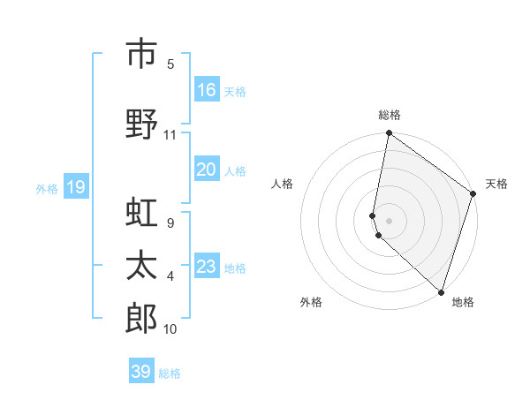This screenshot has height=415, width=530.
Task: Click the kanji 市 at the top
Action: (141, 54)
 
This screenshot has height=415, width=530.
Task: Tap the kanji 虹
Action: (141, 215)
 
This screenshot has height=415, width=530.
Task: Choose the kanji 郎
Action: (141, 316)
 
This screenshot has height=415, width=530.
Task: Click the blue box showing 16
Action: (207, 90)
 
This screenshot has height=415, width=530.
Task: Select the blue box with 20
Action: (207, 170)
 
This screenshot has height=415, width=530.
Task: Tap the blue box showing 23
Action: (207, 267)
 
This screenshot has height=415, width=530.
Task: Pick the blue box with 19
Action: (75, 187)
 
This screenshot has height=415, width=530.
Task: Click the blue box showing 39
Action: (141, 372)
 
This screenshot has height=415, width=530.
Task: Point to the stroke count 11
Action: (170, 136)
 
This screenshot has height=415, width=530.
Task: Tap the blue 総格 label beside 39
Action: (170, 373)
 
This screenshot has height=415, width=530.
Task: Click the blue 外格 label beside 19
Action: (46, 188)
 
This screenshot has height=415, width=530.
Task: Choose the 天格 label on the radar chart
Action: (496, 184)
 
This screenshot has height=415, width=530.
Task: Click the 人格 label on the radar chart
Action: (282, 184)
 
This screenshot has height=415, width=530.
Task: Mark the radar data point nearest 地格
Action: (441, 291)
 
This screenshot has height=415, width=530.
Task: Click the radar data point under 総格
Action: (389, 133)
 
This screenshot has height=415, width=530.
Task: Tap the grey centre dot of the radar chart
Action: (390, 220)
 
